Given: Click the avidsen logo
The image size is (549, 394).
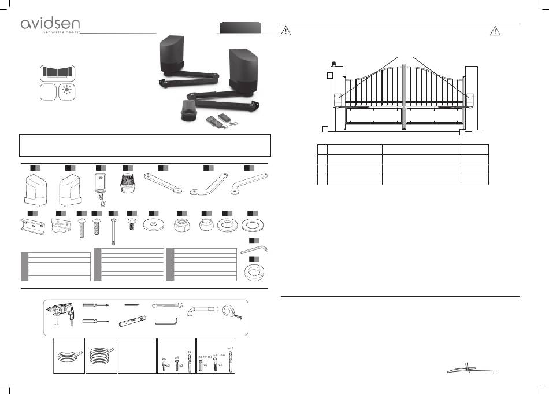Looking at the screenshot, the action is (x=51, y=24).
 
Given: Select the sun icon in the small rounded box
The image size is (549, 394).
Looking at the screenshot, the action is (x=68, y=92).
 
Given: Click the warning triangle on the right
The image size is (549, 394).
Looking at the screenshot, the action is (x=495, y=32).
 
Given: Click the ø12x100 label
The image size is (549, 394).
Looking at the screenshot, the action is (x=206, y=357).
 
